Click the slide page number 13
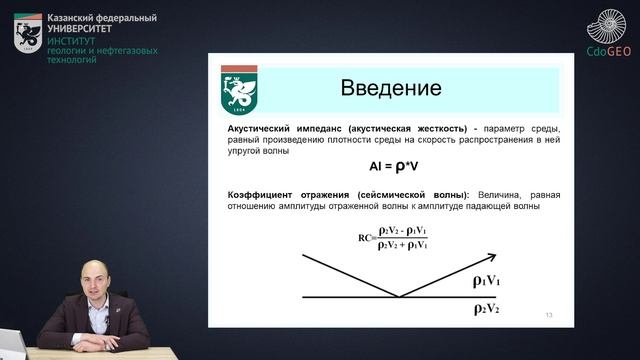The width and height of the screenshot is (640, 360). (x=548, y=315)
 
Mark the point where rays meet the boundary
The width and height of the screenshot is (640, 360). (x=397, y=297)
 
